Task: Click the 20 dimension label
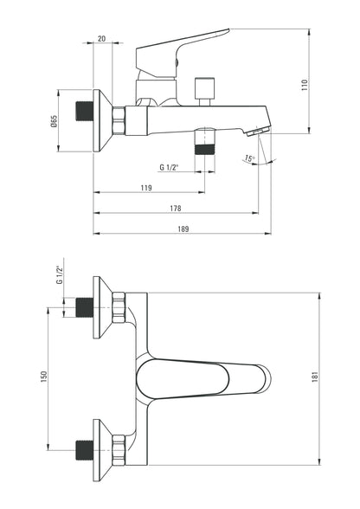click(101, 39)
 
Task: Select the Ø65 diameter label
click(54, 121)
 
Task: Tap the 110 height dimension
click(305, 85)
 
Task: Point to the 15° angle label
click(250, 158)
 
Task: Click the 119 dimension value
click(146, 188)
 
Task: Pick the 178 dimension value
click(176, 209)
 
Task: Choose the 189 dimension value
click(183, 229)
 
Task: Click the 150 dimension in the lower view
click(44, 377)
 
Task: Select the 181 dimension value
click(315, 377)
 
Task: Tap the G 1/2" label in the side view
click(169, 168)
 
